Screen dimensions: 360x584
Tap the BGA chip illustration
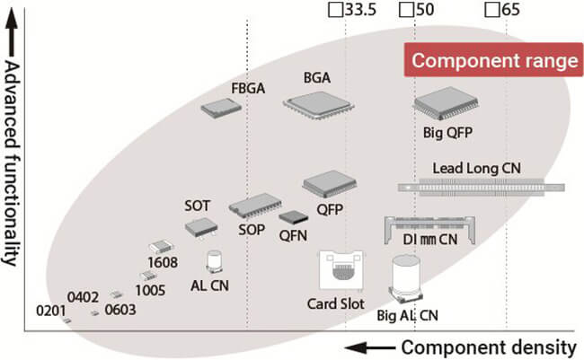pyautogui.click(x=317, y=106)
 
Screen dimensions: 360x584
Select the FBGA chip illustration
pyautogui.click(x=222, y=108)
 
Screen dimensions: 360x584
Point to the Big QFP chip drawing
pyautogui.click(x=447, y=106)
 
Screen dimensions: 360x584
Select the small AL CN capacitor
pyautogui.click(x=216, y=261)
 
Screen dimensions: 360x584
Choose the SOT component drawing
pyautogui.click(x=200, y=226)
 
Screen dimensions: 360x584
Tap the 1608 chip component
pyautogui.click(x=161, y=246)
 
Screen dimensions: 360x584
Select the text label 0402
pyautogui.click(x=84, y=296)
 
